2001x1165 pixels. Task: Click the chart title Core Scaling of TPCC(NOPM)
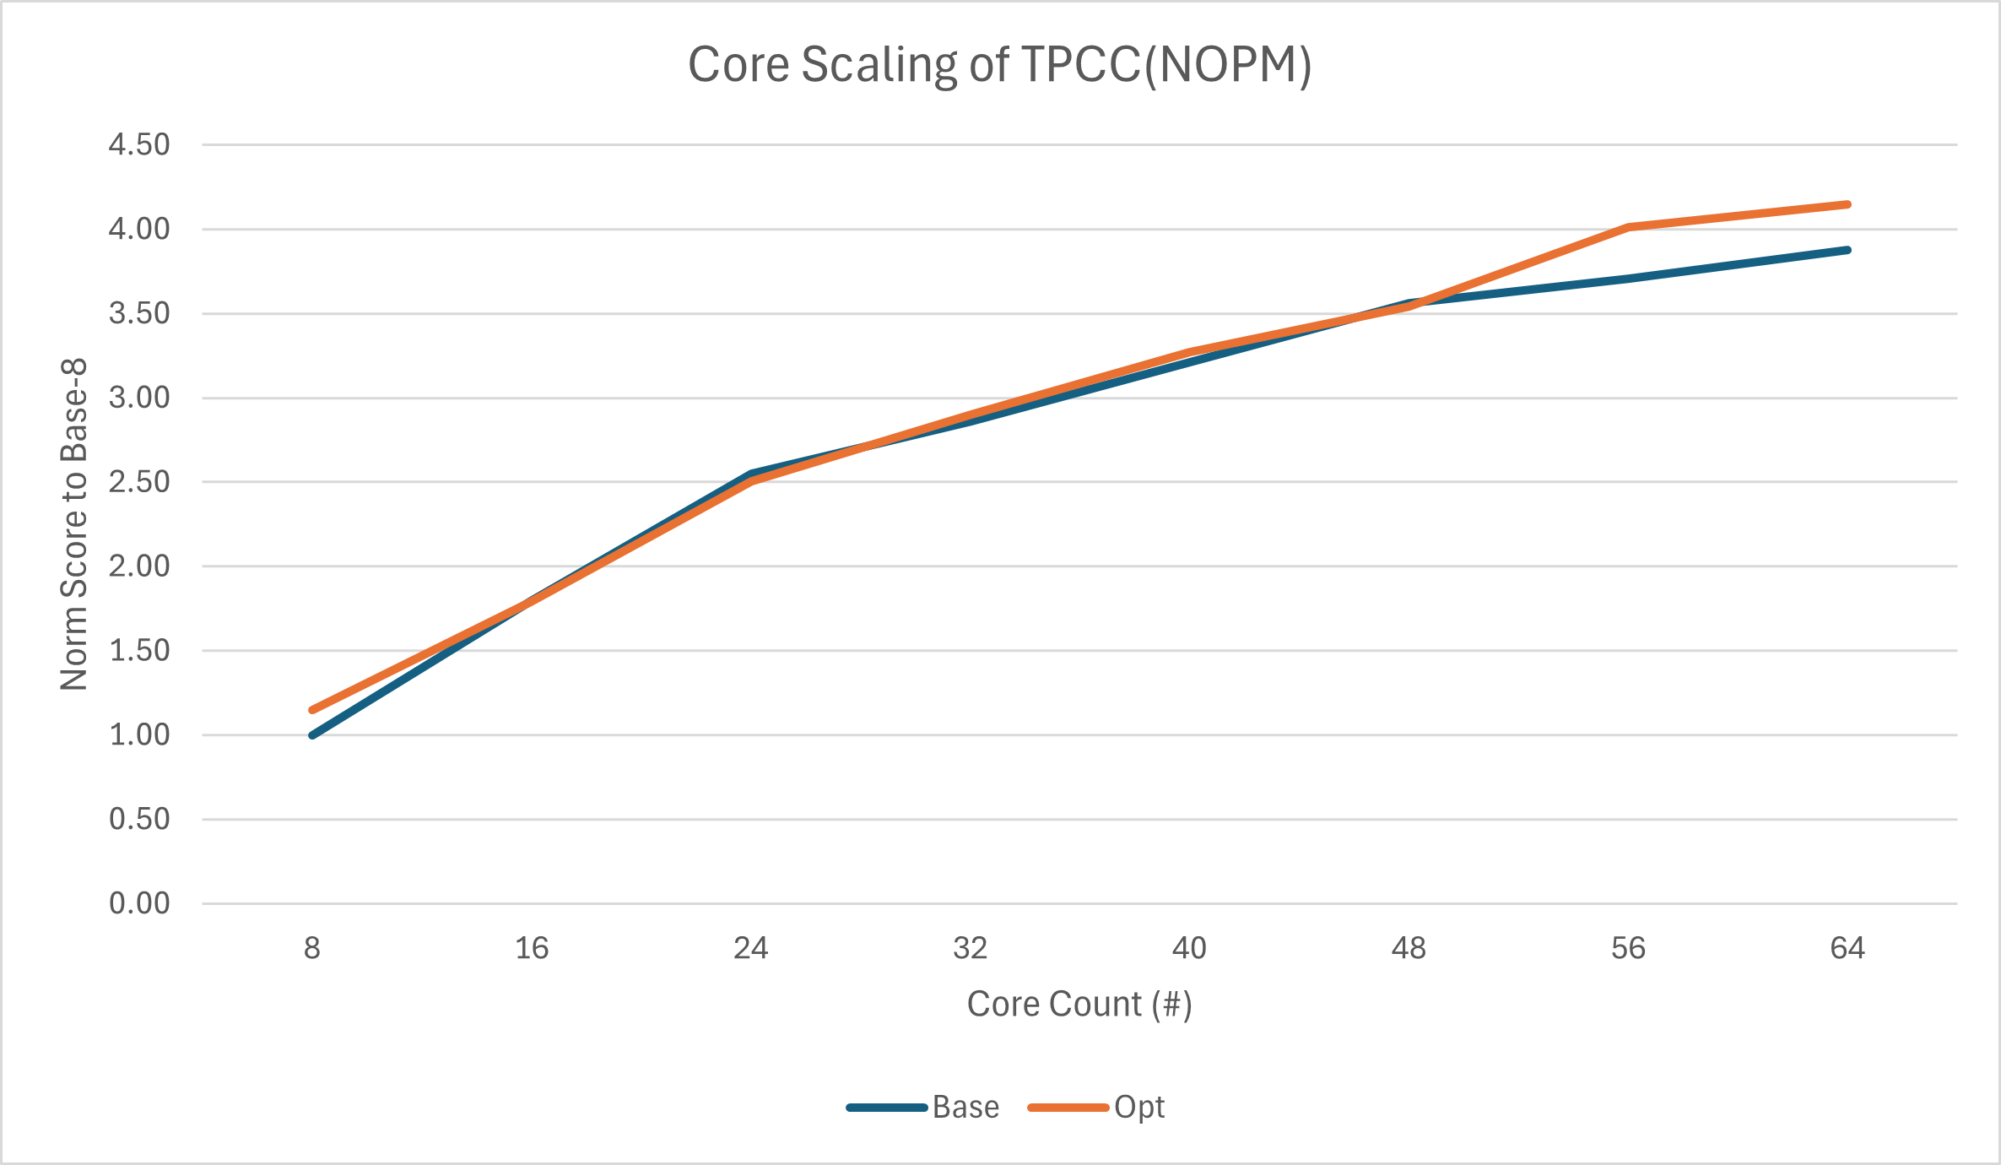point(999,65)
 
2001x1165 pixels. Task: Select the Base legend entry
point(965,1107)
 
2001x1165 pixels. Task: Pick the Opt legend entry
point(1138,1107)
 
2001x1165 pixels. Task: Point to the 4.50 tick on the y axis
point(139,144)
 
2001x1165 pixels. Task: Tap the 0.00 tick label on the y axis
point(139,903)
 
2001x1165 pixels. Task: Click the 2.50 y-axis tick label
point(139,482)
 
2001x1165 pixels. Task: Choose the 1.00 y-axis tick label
point(139,734)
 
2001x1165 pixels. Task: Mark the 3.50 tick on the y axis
point(139,313)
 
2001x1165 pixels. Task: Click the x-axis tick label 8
point(312,948)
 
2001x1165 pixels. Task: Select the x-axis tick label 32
point(970,948)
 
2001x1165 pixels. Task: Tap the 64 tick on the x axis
point(1847,948)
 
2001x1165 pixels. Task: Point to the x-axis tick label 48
point(1409,948)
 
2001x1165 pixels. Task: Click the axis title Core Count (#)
point(1079,1004)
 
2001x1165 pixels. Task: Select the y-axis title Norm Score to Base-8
point(74,524)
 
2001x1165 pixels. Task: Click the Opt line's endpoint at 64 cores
point(1847,204)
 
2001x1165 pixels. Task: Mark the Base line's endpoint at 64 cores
point(1847,250)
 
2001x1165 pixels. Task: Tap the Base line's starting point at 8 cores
point(313,735)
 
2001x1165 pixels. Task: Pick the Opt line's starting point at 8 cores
point(313,710)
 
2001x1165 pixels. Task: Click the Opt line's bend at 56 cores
point(1628,227)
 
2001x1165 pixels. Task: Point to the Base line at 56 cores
point(1628,279)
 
